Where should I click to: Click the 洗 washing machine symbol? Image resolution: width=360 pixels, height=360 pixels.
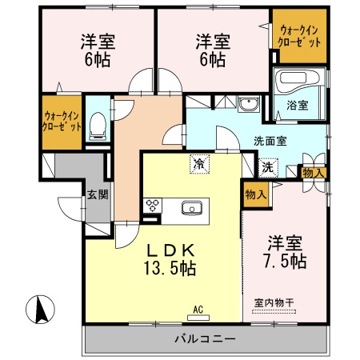click(x=267, y=169)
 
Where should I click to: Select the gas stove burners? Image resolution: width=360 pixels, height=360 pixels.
click(x=151, y=206)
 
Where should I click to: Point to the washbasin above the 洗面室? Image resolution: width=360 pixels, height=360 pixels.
click(x=249, y=105)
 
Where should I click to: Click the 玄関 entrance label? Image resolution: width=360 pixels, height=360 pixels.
click(x=97, y=194)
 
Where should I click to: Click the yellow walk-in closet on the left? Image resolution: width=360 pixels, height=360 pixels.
click(x=62, y=121)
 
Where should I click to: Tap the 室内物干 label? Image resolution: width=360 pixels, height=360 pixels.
click(x=274, y=302)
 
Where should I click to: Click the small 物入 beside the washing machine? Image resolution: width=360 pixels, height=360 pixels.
click(x=312, y=172)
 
